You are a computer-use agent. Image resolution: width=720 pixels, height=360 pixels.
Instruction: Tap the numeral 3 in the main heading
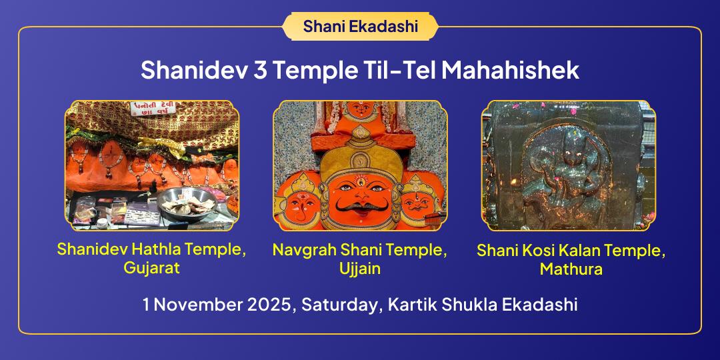[x=260, y=70]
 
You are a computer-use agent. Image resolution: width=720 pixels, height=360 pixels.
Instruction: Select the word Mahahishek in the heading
[x=510, y=70]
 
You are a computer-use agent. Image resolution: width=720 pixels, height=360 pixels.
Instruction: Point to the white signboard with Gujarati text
[x=153, y=109]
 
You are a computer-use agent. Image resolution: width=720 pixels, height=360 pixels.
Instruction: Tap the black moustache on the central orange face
[x=361, y=206]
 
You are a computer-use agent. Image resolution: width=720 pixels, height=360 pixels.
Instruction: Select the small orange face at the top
[x=361, y=110]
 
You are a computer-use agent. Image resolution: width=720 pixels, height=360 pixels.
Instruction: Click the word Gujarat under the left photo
[x=151, y=267]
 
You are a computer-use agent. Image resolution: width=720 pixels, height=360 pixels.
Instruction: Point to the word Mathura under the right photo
[x=571, y=269]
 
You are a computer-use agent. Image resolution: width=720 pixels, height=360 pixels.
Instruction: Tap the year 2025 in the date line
[x=271, y=305]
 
